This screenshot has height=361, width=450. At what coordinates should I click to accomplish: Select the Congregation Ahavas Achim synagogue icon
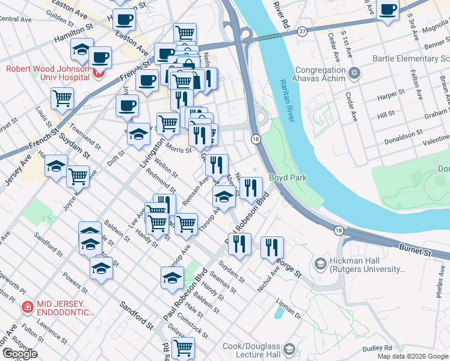[354, 73]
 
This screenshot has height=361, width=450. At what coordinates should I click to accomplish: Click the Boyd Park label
[288, 177]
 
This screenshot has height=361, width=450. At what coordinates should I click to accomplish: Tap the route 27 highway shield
[301, 31]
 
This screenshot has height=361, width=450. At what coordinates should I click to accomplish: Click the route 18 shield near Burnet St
[339, 230]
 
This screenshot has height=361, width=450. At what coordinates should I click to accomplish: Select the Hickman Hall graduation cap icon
[320, 264]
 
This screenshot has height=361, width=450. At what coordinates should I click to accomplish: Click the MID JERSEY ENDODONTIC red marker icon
[27, 307]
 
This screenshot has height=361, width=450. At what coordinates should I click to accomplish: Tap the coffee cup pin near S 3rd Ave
[388, 10]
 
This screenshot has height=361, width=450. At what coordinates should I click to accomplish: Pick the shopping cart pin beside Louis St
[62, 99]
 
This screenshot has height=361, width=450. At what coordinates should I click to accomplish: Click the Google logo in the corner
[20, 354]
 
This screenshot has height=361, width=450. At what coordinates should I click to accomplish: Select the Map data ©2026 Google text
[412, 356]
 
